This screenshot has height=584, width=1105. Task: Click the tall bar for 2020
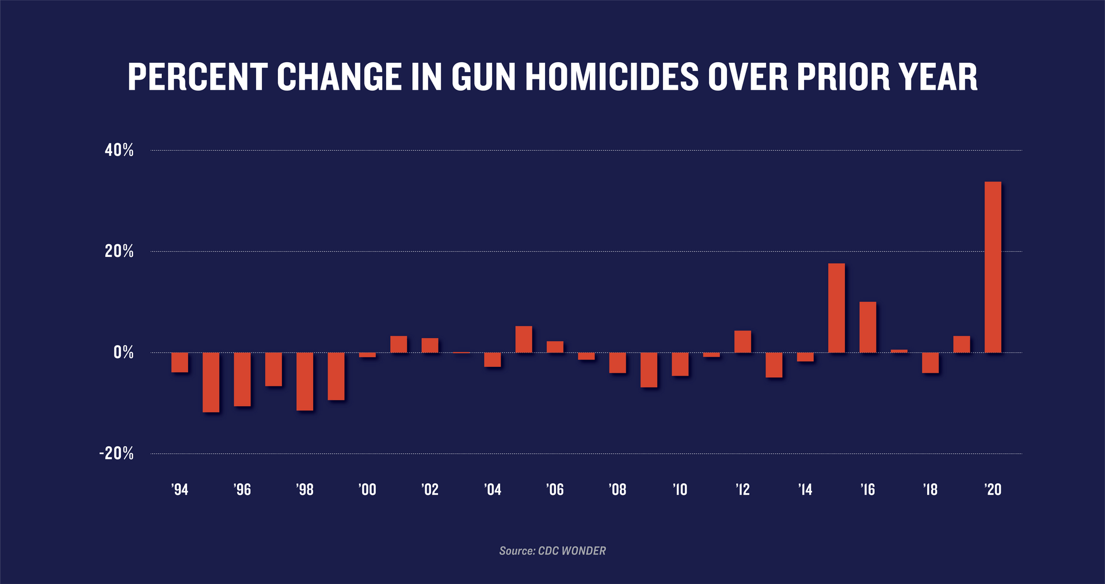coord(993,267)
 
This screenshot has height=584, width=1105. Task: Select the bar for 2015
coord(836,308)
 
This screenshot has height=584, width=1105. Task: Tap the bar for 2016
coord(867,327)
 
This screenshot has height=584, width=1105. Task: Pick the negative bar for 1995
coord(211,382)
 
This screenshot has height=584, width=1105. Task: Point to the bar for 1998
coord(304,381)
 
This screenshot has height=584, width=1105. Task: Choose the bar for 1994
coord(180,362)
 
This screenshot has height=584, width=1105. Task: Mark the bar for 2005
coord(524,339)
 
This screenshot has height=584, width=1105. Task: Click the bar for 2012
coord(742,342)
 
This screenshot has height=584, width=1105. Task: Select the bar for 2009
coord(649,370)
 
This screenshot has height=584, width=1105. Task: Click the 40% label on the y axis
coord(119,150)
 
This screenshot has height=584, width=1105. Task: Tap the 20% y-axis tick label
coord(119,251)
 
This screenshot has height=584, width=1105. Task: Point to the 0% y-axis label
coord(123,352)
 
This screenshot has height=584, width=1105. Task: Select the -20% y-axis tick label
coord(116,453)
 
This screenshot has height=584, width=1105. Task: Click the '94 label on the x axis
coord(180,490)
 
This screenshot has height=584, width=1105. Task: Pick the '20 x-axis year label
coord(993,490)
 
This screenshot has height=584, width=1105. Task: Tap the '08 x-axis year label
coord(617,490)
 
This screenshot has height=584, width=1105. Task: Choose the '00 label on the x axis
coord(367,490)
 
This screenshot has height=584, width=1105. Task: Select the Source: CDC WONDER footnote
coord(552,551)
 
